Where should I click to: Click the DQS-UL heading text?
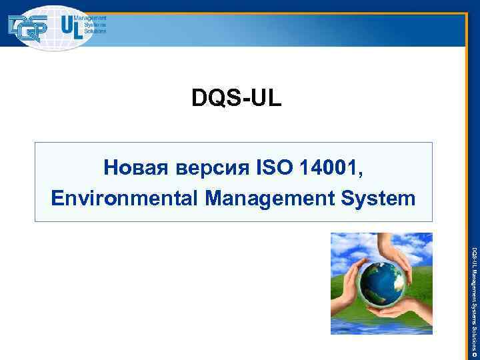click(x=237, y=98)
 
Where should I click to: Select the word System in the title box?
click(x=382, y=198)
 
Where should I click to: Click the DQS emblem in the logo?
click(x=27, y=28)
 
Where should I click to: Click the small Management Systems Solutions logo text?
click(x=94, y=27)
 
